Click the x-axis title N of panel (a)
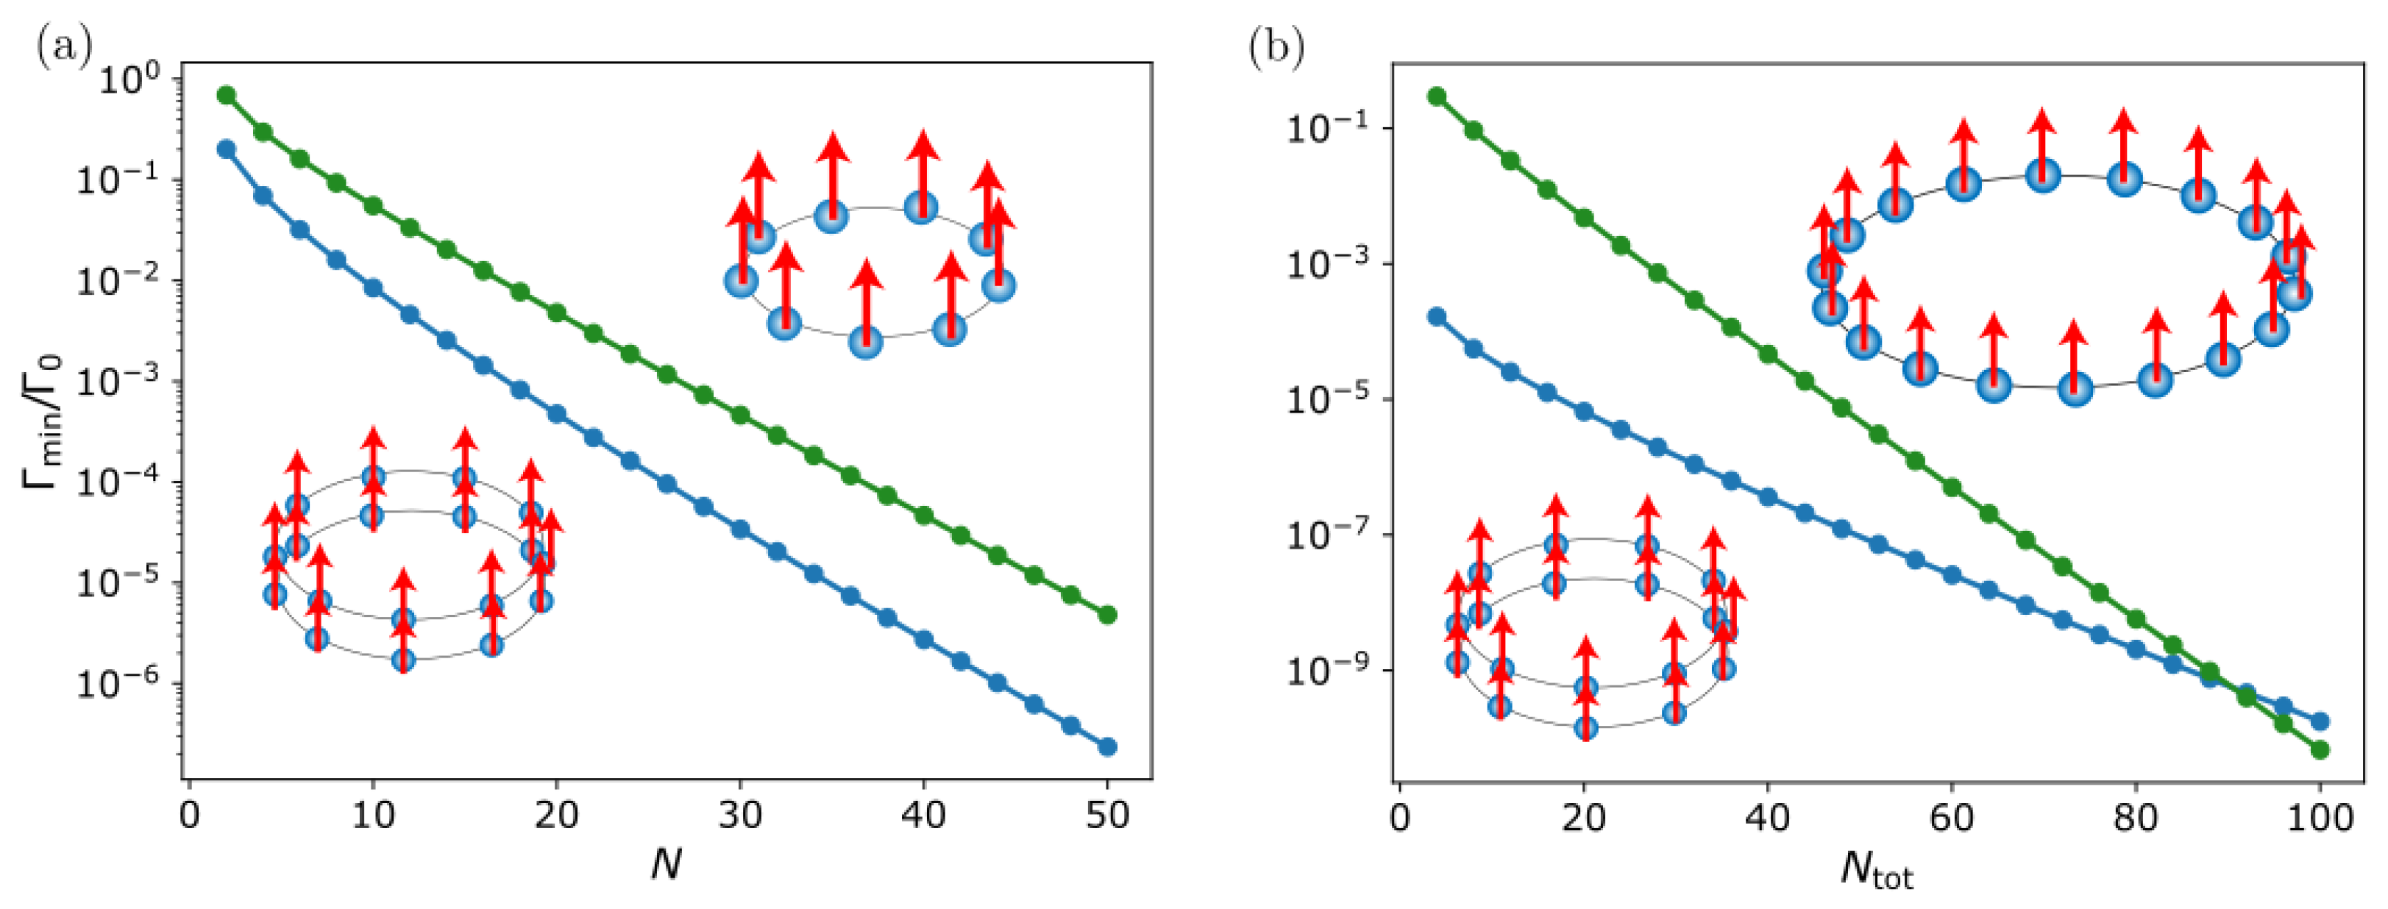click(666, 865)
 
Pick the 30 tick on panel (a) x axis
click(740, 816)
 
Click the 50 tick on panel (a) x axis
click(1107, 816)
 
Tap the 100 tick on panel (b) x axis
click(2320, 817)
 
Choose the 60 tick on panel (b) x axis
click(1951, 817)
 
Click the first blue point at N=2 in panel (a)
click(226, 149)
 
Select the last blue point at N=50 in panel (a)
click(1107, 747)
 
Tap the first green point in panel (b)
click(1437, 96)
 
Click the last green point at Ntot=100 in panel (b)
click(2320, 749)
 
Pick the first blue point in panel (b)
click(1437, 317)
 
